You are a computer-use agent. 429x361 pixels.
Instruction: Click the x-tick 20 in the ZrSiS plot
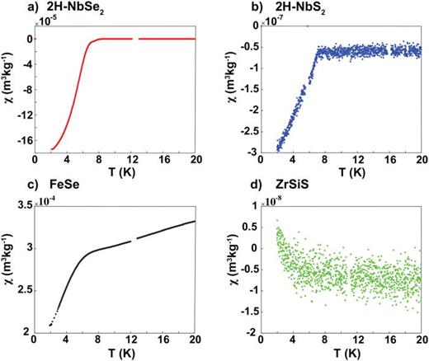click(419, 339)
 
